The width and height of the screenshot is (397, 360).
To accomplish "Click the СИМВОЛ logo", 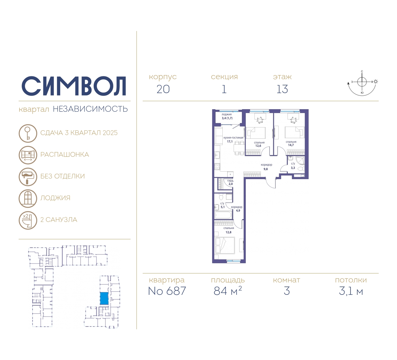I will click(x=74, y=86).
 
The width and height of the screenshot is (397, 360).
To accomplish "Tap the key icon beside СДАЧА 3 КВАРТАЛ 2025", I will click(x=28, y=133).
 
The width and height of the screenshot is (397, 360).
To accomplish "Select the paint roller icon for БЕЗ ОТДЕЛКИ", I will click(x=28, y=177).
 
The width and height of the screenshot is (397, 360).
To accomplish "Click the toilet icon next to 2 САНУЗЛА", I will click(x=28, y=220).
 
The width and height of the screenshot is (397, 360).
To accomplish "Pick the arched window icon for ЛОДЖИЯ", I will click(x=28, y=198).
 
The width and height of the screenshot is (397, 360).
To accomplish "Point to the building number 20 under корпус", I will click(x=163, y=89).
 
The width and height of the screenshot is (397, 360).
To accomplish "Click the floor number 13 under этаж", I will click(x=282, y=89).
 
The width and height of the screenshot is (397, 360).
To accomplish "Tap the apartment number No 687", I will click(x=167, y=291).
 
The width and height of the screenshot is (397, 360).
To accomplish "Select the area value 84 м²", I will click(x=228, y=291).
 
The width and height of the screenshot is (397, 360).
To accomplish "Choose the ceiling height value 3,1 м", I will click(x=351, y=291).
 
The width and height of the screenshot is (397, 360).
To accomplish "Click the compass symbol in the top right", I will click(x=362, y=82).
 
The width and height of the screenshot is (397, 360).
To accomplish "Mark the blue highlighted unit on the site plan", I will click(x=104, y=299).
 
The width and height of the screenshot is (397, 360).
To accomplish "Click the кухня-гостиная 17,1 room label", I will click(x=233, y=139).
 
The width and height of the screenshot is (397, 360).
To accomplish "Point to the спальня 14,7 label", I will click(x=291, y=143).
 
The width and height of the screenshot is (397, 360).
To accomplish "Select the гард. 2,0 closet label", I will click(x=230, y=182).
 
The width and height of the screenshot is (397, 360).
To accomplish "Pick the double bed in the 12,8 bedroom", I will click(x=225, y=245).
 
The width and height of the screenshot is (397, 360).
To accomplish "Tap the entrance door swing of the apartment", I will click(x=271, y=183).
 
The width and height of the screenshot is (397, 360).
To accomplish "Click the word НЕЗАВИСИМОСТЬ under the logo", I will click(x=90, y=109).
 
